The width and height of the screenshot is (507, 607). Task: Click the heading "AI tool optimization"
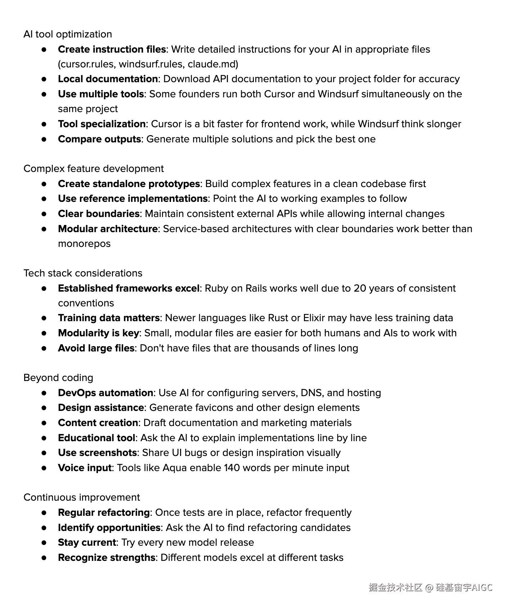68,34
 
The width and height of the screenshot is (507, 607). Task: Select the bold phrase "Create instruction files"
112,49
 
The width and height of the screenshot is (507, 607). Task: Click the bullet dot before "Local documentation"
44,79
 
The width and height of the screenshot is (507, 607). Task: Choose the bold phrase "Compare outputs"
99,139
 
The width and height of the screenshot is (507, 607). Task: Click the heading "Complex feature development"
94,169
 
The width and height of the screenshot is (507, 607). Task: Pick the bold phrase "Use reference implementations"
133,199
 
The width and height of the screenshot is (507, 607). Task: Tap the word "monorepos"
84,244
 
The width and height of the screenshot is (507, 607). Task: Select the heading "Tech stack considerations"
83,273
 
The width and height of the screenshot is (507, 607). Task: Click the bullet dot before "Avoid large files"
44,348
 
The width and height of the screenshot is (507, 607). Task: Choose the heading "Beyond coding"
58,378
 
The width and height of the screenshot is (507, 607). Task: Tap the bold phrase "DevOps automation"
106,393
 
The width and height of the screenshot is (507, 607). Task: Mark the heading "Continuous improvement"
82,497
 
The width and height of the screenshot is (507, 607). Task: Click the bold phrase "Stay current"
87,542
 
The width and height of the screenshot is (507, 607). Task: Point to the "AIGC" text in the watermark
482,588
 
